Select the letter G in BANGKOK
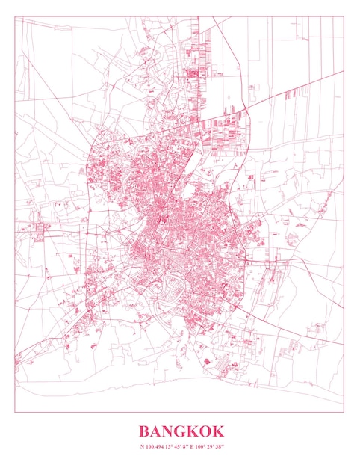181,431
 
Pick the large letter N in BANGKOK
170,431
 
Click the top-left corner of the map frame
15,16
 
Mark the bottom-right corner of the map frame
344,412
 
